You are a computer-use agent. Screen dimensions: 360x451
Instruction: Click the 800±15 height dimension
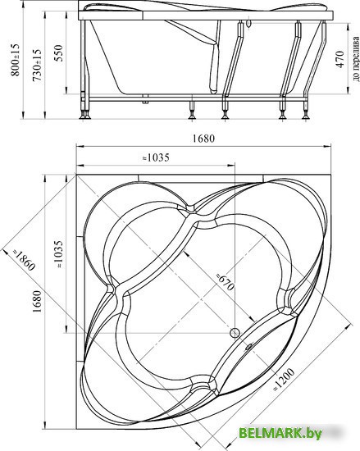pyautogui.click(x=15, y=60)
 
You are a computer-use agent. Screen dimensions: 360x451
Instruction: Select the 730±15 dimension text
pyautogui.click(x=37, y=66)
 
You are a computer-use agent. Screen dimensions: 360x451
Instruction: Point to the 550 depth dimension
pyautogui.click(x=59, y=53)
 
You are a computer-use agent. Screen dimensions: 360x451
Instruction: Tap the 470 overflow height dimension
pyautogui.click(x=339, y=59)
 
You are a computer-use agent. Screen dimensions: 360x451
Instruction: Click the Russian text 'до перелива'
pyautogui.click(x=356, y=58)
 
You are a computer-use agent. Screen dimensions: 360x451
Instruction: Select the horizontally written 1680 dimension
pyautogui.click(x=203, y=139)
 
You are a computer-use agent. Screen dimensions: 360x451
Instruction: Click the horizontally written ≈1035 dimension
pyautogui.click(x=156, y=157)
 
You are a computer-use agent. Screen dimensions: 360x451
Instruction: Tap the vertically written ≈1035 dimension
pyautogui.click(x=58, y=254)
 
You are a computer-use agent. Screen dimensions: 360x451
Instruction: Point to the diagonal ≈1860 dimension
pyautogui.click(x=24, y=260)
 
